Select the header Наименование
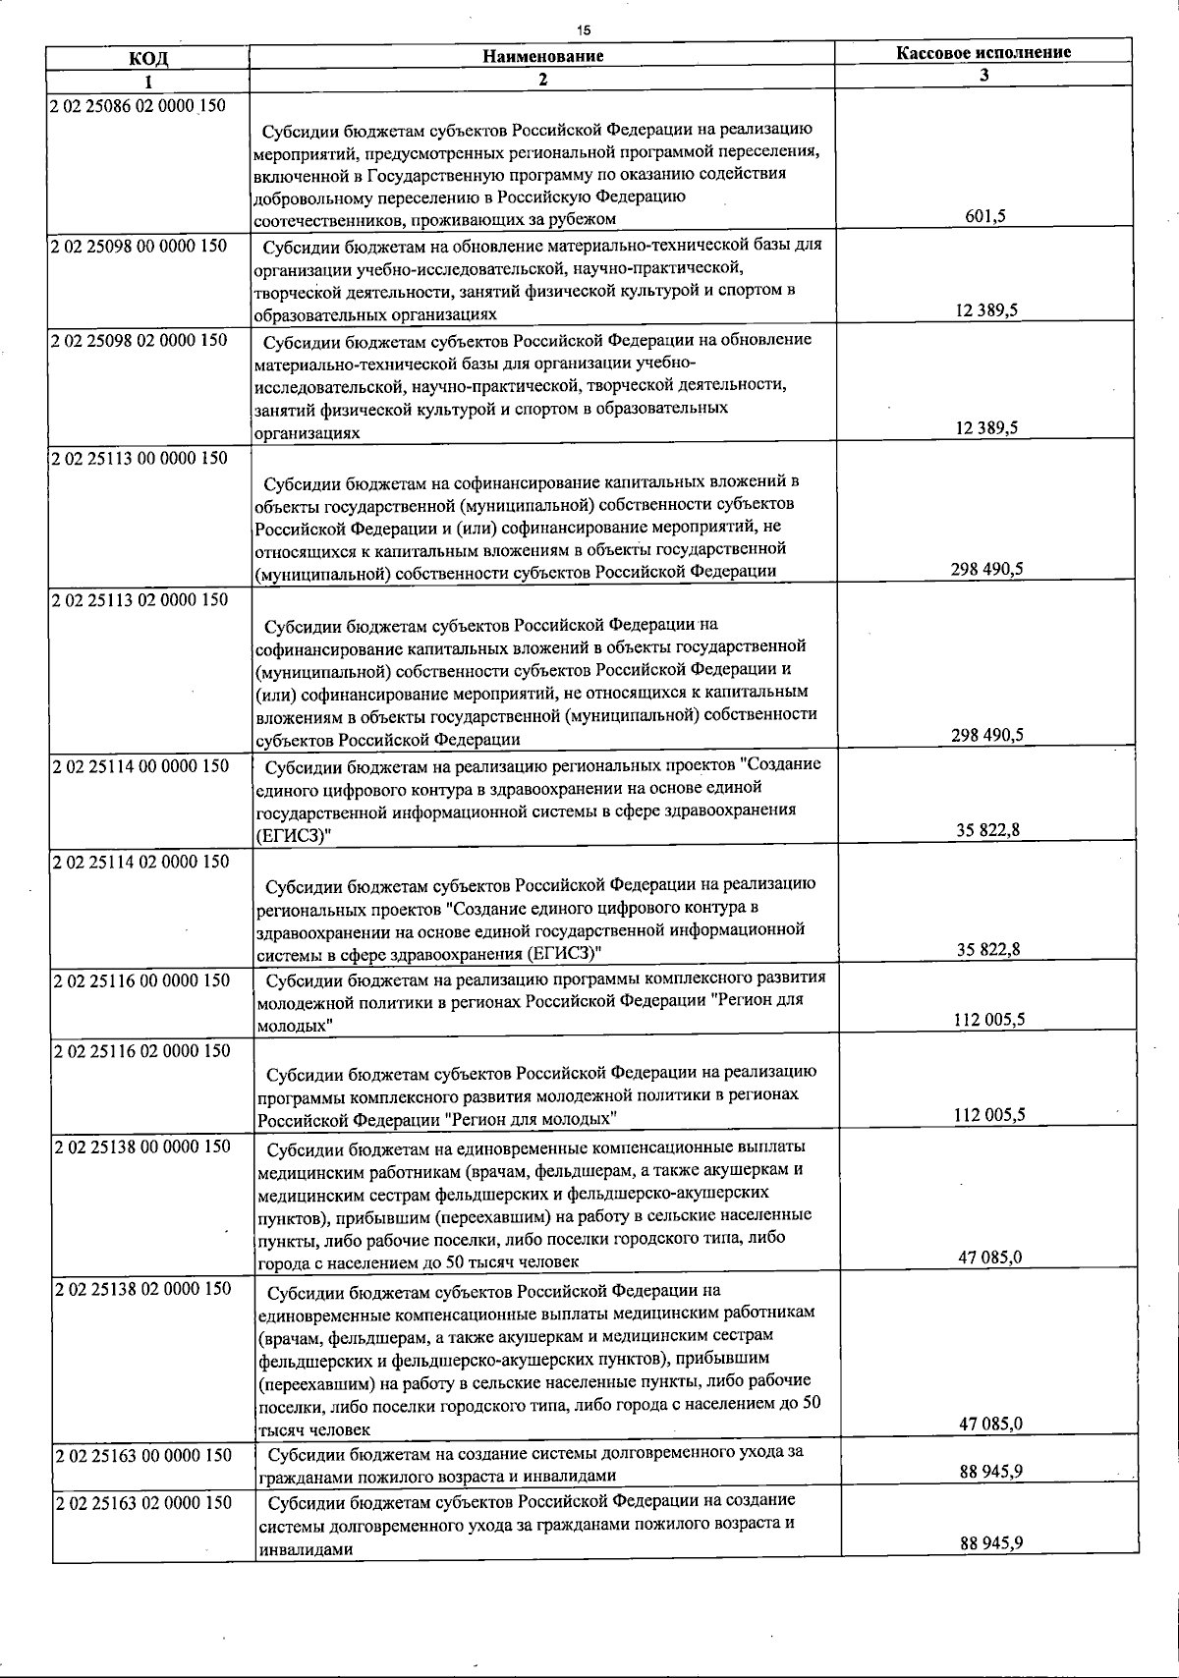[x=542, y=56]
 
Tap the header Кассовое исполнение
[x=983, y=52]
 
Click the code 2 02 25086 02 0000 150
[x=137, y=105]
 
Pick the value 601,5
[x=985, y=217]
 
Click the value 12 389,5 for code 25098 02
[x=986, y=428]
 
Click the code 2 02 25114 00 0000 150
[x=139, y=766]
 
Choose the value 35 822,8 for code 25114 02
[x=987, y=949]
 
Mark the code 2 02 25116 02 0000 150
[x=140, y=1051]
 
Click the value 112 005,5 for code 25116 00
[x=989, y=1019]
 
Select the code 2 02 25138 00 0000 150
[x=140, y=1147]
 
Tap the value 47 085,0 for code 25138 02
[x=989, y=1424]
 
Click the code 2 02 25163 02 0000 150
[x=140, y=1503]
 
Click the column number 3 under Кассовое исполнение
[x=983, y=74]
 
